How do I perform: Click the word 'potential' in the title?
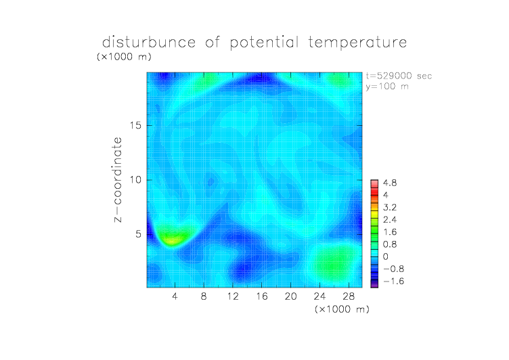[x=264, y=43]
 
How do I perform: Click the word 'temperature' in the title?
[x=357, y=43]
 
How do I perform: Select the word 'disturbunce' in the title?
[x=149, y=42]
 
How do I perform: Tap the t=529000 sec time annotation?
[x=399, y=76]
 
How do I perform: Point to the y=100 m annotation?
[x=387, y=87]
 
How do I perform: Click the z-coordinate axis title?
[x=118, y=179]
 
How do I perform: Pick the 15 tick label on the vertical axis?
[x=135, y=125]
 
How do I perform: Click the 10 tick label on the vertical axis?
[x=135, y=180]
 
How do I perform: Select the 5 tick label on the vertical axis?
[x=139, y=234]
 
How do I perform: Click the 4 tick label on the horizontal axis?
[x=175, y=296]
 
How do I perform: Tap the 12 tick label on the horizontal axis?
[x=233, y=296]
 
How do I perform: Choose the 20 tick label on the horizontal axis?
[x=290, y=296]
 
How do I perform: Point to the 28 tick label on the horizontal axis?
[x=349, y=296]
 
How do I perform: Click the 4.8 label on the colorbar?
[x=390, y=183]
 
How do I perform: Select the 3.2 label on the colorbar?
[x=390, y=208]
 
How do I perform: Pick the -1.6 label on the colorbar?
[x=394, y=281]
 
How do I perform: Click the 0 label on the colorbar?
[x=386, y=256]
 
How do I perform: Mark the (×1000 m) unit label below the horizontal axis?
[x=342, y=309]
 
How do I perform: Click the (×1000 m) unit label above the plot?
[x=124, y=57]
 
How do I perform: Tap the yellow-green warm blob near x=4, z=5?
[x=173, y=236]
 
